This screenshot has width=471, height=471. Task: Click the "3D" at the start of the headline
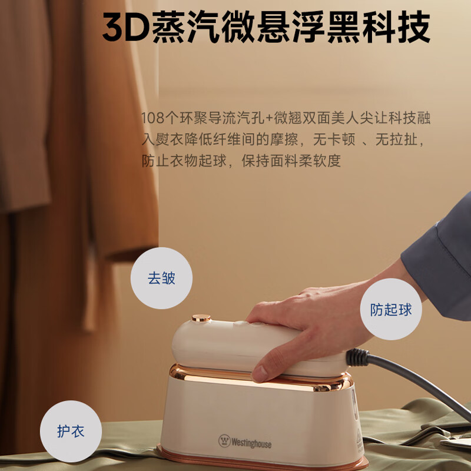tap(126, 26)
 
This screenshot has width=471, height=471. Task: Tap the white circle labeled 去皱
tap(161, 278)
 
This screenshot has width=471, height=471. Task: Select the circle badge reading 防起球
tap(391, 309)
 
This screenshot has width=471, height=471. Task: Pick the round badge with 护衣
tap(71, 431)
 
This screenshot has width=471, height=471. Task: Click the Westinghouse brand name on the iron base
tap(251, 443)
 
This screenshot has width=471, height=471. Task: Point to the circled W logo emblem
tap(224, 441)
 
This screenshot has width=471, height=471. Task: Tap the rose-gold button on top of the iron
tap(201, 318)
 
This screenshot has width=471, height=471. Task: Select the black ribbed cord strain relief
tap(357, 357)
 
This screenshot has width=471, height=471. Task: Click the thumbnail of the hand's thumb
tap(258, 374)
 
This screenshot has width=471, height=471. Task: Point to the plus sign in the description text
tap(269, 118)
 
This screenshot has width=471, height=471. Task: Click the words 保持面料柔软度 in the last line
tap(291, 161)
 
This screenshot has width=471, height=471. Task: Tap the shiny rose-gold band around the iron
tap(261, 379)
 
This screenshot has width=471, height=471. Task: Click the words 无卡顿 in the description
tap(334, 140)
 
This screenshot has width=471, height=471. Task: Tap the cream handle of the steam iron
tap(237, 346)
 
